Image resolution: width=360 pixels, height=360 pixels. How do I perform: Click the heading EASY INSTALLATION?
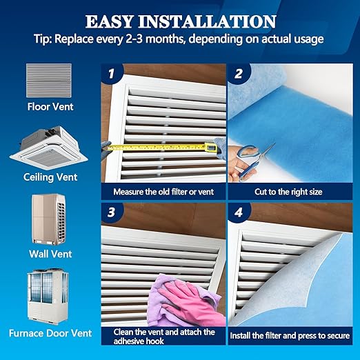180,20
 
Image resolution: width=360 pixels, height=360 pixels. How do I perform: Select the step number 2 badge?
239,72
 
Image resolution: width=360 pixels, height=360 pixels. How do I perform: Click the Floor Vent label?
50,107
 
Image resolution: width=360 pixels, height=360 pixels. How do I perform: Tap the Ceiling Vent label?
50,177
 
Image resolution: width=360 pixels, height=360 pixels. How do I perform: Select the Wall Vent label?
50,254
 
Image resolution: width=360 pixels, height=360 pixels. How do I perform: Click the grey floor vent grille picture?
49,81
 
